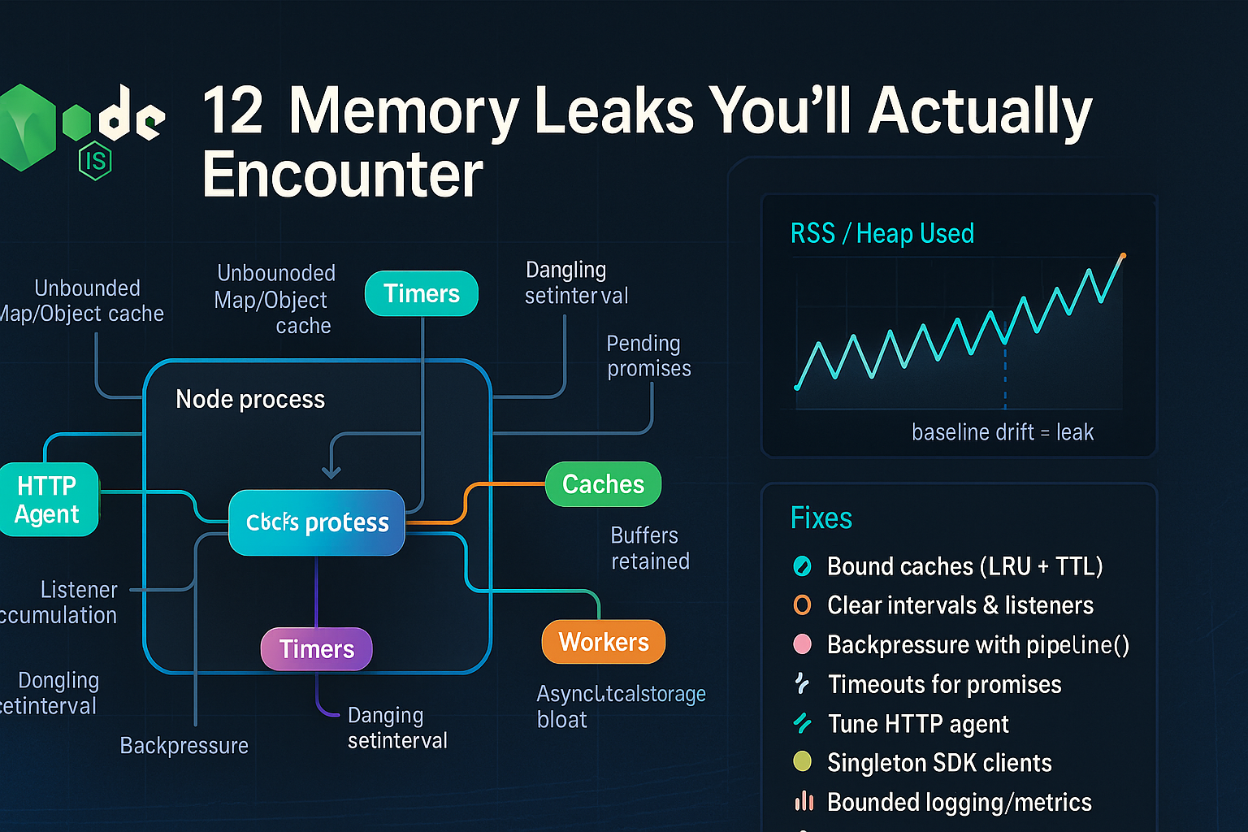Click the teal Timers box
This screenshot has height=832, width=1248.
(x=421, y=293)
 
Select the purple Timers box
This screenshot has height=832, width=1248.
(x=316, y=649)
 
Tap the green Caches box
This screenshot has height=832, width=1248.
(x=603, y=484)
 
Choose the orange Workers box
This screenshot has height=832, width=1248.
(x=603, y=642)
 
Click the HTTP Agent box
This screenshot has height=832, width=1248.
(x=47, y=500)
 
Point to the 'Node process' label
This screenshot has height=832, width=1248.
(x=250, y=399)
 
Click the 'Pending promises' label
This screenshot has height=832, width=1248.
(x=648, y=356)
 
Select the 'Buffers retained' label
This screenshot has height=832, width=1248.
(x=649, y=548)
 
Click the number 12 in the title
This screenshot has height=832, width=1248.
(x=232, y=111)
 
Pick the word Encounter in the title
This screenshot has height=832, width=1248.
(x=342, y=175)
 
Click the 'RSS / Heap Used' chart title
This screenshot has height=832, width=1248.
(x=882, y=234)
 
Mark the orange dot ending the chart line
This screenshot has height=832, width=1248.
(x=1123, y=257)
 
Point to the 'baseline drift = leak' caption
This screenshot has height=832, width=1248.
(x=1002, y=432)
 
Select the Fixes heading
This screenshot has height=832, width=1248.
(x=821, y=518)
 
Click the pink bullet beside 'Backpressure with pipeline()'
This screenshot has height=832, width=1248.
(x=802, y=644)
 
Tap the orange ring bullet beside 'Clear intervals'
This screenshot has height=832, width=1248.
(x=802, y=605)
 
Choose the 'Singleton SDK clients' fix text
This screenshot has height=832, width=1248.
(x=939, y=763)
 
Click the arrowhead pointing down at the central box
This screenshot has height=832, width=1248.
(x=331, y=472)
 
